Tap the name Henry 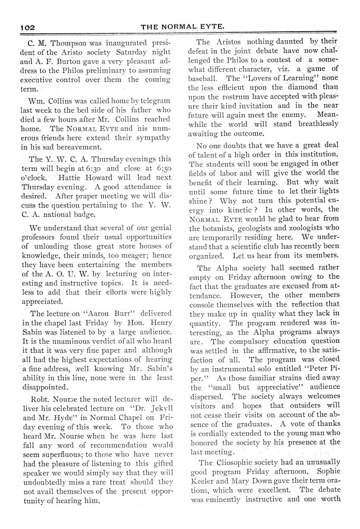click(159, 323)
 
